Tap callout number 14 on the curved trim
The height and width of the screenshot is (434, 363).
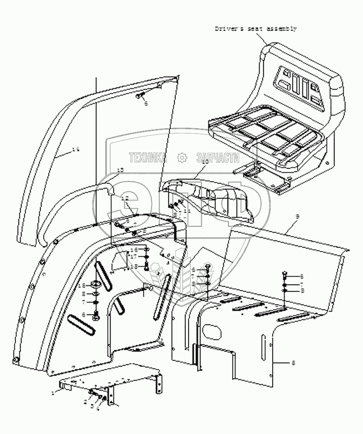point(76,149)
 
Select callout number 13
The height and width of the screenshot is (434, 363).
point(121,169)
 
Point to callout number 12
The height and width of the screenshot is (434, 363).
point(125,198)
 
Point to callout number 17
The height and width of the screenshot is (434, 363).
point(134,256)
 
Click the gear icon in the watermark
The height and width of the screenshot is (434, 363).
point(182,158)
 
